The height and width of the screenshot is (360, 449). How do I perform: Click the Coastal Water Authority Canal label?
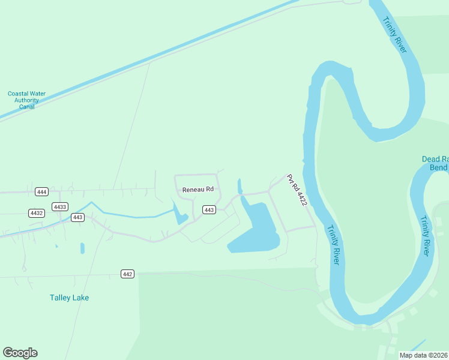click(x=26, y=100)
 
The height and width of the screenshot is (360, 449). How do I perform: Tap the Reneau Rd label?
click(x=198, y=190)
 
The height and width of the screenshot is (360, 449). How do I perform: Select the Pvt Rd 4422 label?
click(x=297, y=191)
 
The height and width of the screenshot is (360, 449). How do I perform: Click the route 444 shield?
click(x=41, y=192)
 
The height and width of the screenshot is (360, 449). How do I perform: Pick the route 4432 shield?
click(x=37, y=213)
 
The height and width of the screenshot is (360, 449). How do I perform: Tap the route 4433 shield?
click(x=59, y=206)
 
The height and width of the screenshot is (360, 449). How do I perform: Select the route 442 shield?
click(x=127, y=274)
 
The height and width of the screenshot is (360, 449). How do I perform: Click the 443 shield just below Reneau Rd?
click(x=209, y=209)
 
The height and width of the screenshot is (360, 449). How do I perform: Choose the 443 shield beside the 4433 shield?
click(x=77, y=217)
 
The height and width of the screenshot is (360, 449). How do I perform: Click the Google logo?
click(x=20, y=353)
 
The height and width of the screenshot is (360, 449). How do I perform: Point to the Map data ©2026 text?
click(x=423, y=355)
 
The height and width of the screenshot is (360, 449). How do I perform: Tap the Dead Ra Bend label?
click(x=435, y=163)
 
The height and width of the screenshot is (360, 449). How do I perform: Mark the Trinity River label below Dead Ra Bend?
click(x=425, y=236)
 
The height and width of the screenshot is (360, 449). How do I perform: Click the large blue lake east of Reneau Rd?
click(x=255, y=231)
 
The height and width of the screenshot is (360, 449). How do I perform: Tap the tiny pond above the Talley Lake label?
click(x=82, y=248)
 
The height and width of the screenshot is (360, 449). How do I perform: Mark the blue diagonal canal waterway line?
click(x=150, y=60)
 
